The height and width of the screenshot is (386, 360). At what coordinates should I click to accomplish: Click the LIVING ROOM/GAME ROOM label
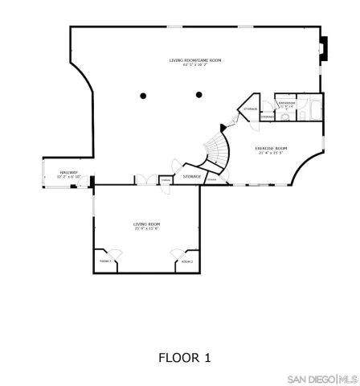tap(195, 60)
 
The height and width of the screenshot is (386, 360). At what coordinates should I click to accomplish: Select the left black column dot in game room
tap(143, 96)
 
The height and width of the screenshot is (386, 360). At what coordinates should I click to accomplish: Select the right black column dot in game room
tap(198, 96)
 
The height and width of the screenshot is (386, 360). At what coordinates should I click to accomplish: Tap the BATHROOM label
tap(287, 103)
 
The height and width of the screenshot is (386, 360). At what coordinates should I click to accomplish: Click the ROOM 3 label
tap(105, 262)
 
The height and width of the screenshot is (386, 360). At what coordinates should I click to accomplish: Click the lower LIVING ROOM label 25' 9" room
tap(147, 224)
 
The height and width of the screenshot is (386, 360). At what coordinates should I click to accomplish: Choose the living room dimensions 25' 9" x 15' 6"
tap(147, 228)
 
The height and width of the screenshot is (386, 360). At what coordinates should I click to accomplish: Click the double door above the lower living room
tap(145, 180)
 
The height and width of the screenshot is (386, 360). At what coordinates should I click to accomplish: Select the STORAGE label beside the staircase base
tap(191, 176)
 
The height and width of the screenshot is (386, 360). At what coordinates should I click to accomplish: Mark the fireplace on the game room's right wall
tap(322, 49)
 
